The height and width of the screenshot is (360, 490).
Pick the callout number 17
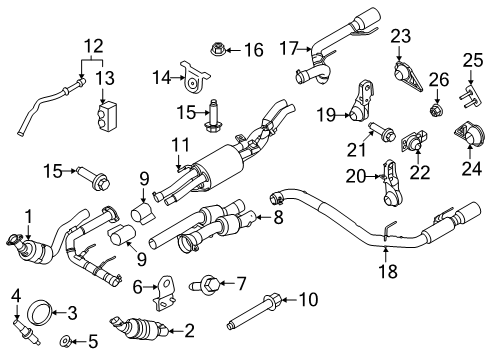(288, 47)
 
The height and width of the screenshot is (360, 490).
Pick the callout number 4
(16, 293)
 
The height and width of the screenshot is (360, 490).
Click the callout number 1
(28, 213)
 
